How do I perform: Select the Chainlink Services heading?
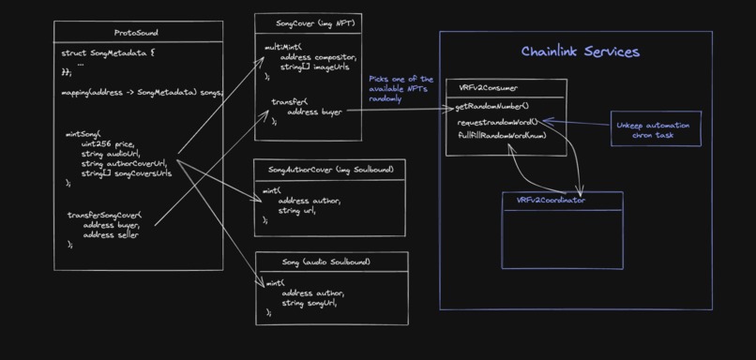point(580,52)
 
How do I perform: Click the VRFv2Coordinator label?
point(551,200)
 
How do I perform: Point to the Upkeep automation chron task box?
point(657,129)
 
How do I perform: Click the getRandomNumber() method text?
point(492,106)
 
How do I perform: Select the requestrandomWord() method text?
point(497,123)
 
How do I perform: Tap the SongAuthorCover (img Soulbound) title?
point(329,169)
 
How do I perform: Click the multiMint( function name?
point(282,45)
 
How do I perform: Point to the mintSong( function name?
point(83,134)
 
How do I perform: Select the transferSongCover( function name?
point(104,215)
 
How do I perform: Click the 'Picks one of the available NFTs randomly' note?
point(401,88)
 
